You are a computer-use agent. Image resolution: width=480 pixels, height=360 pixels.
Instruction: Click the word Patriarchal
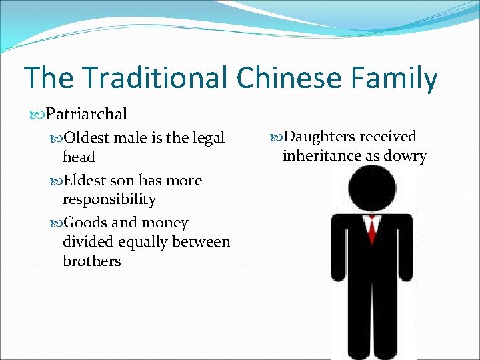(86, 114)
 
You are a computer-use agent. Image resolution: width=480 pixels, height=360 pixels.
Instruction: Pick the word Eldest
(84, 181)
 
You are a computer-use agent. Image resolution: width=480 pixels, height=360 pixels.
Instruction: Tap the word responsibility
(109, 200)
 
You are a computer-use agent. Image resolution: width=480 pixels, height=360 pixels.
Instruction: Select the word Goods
(84, 223)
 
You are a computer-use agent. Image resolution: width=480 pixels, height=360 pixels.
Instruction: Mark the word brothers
(92, 261)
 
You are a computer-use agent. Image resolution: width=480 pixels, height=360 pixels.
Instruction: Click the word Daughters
(319, 137)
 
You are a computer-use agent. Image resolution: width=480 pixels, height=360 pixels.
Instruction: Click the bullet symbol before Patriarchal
(39, 114)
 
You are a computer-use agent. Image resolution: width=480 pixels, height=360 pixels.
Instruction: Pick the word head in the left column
(79, 157)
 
